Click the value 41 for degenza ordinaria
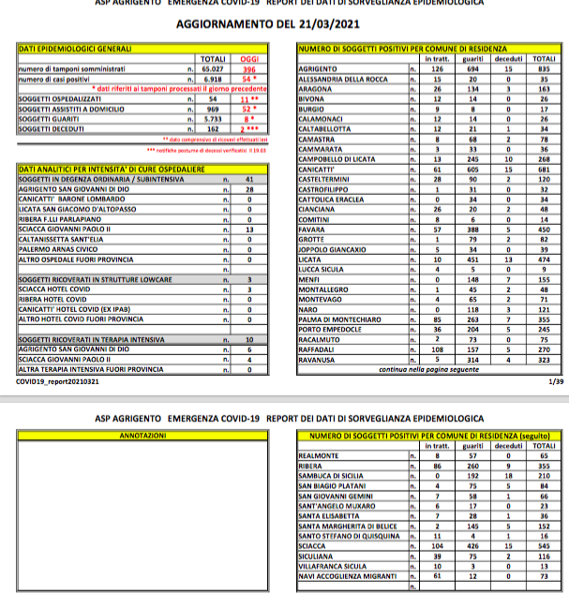click(248, 178)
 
